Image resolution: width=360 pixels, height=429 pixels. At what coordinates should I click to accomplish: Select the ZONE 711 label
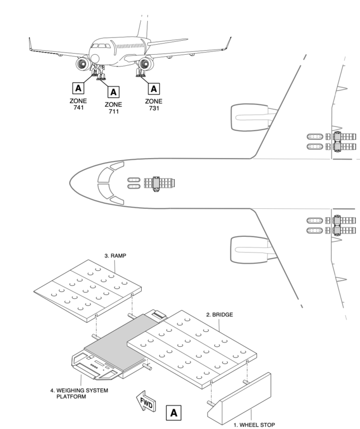click(x=114, y=107)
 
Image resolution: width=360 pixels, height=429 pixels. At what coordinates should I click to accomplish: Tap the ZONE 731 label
click(x=153, y=104)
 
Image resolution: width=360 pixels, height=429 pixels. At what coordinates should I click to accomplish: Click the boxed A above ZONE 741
click(x=78, y=87)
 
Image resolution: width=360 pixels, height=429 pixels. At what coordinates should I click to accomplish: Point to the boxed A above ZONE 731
click(x=153, y=87)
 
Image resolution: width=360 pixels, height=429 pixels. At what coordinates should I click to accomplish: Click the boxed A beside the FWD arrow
click(x=174, y=413)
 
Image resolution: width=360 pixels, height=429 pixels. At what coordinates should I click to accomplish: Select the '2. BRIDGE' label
click(x=219, y=315)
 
